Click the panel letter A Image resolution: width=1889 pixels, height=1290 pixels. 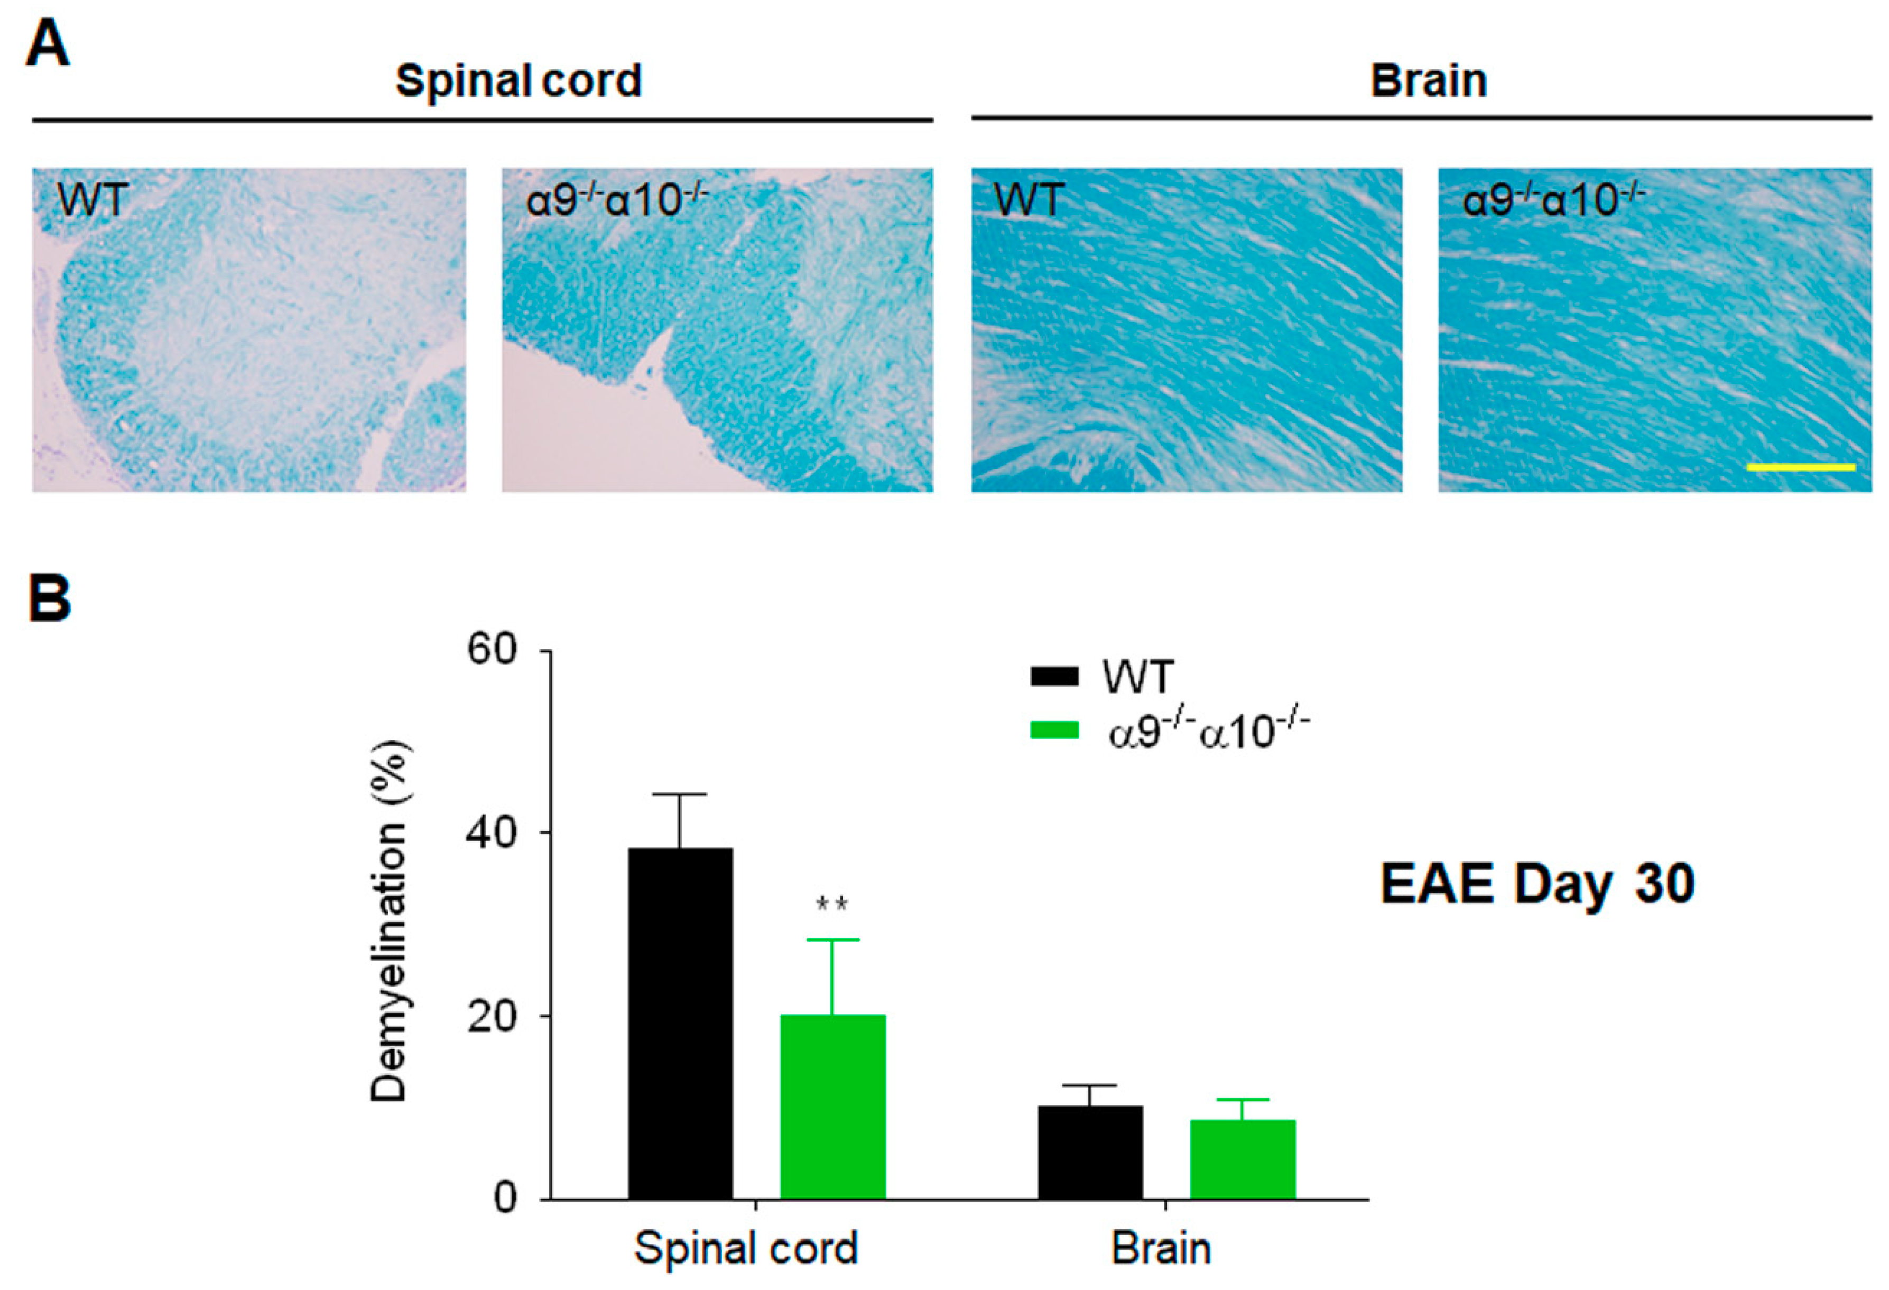pyautogui.click(x=47, y=45)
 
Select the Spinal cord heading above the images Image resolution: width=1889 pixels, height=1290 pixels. pyautogui.click(x=518, y=81)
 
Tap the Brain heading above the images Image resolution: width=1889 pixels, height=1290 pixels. pyautogui.click(x=1428, y=81)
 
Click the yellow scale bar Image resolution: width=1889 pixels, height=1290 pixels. pyautogui.click(x=1800, y=467)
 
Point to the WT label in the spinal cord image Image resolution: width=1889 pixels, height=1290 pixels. pyautogui.click(x=92, y=199)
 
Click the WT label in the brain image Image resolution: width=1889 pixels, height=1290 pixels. pyautogui.click(x=1028, y=199)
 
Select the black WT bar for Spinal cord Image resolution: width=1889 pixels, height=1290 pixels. pyautogui.click(x=680, y=1024)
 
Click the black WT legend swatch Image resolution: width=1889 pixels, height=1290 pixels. pyautogui.click(x=1054, y=676)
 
